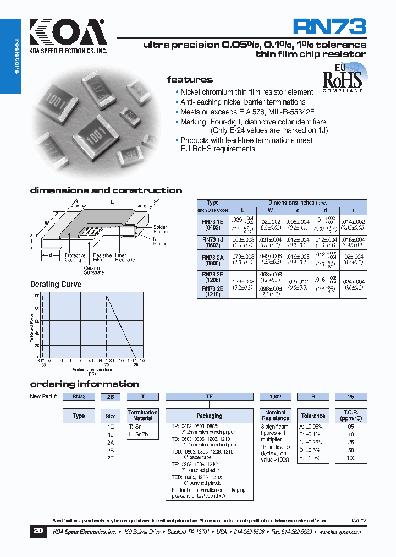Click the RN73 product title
click(329, 27)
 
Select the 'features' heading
click(190, 79)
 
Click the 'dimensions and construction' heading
click(106, 190)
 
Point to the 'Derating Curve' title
click(56, 284)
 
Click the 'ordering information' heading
click(84, 384)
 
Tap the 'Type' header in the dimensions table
click(212, 203)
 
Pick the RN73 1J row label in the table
click(212, 242)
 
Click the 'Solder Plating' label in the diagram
click(160, 230)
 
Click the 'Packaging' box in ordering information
click(209, 416)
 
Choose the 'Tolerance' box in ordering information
click(313, 416)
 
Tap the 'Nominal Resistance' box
click(276, 416)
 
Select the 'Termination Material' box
click(143, 416)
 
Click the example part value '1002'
click(276, 396)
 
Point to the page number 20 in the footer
click(37, 532)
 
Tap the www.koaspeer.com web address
click(339, 532)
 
